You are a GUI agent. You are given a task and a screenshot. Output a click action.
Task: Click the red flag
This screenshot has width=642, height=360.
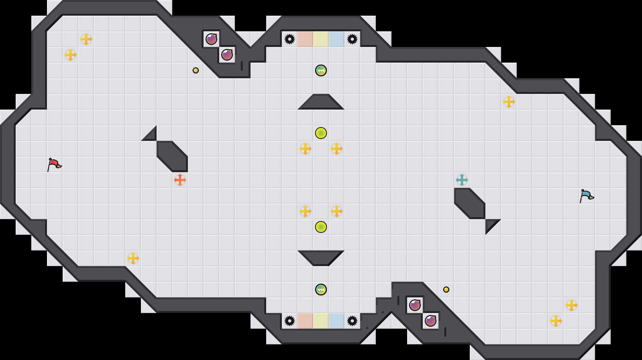coord(54,164)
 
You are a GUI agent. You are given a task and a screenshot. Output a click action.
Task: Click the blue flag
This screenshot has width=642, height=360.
coord(586,196)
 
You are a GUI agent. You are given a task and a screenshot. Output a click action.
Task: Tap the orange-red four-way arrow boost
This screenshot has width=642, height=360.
coord(180,180)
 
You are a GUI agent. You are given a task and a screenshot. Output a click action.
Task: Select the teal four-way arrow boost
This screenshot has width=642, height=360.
coord(462,180)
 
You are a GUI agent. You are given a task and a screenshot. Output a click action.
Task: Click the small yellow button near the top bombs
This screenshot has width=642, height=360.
coord(196,70)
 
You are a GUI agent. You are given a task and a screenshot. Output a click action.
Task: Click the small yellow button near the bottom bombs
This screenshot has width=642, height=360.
coord(446,290)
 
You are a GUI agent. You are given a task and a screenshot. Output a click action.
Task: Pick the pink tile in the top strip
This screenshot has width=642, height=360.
coord(305,39)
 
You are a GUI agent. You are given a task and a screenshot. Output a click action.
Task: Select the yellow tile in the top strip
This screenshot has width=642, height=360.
coord(321,39)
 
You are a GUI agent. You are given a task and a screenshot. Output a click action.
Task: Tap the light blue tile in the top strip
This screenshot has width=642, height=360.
coord(337,39)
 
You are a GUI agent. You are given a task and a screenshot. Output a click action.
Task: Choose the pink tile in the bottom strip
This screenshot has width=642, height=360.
coord(305,321)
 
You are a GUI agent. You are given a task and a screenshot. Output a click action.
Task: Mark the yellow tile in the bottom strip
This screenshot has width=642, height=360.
coord(321,321)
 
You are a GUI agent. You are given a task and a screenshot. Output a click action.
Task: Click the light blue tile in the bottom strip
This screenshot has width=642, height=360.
coord(337,321)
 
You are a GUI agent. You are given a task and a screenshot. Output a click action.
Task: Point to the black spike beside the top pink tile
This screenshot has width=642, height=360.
coord(290,39)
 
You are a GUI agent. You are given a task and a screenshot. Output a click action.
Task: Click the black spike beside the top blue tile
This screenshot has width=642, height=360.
coord(352,39)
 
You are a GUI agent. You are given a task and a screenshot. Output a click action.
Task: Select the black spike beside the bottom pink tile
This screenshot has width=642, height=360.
coord(290,321)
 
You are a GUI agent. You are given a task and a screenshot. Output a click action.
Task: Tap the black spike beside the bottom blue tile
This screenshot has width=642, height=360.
coord(352,321)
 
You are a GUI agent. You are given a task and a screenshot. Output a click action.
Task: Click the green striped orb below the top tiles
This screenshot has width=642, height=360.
coord(321,70)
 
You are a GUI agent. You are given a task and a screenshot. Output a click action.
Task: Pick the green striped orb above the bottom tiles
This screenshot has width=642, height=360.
coord(321,290)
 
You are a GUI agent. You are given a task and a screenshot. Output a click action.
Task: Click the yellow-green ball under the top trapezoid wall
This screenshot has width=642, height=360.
coord(321,133)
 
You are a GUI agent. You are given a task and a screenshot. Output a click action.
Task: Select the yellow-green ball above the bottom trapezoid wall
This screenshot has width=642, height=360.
coord(321,227)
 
